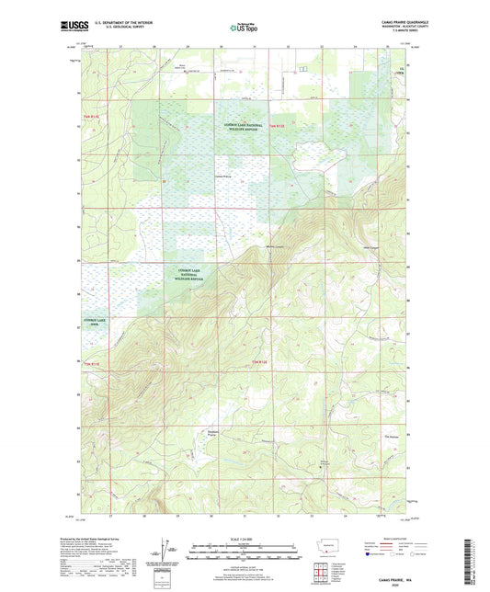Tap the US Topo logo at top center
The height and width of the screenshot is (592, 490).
coord(245,28)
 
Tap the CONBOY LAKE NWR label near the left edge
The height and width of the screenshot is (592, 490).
coord(94,322)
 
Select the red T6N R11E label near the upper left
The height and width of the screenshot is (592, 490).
coord(92,116)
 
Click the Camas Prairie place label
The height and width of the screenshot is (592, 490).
coord(222,176)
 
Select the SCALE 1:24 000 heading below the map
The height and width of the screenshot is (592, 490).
coord(245,539)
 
